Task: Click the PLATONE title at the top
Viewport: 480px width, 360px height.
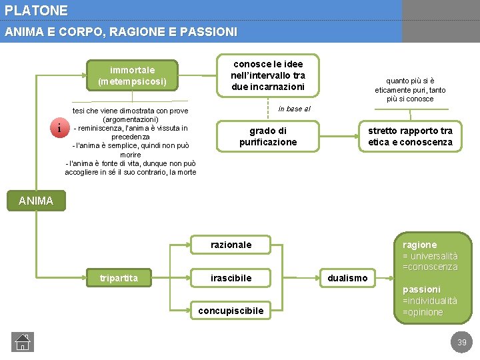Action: (36, 11)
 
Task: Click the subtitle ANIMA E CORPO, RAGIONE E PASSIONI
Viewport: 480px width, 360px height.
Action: (121, 31)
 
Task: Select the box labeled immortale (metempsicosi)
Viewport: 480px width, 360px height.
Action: (132, 75)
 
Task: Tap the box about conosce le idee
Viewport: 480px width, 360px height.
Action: (269, 75)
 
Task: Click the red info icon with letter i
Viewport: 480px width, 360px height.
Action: (59, 128)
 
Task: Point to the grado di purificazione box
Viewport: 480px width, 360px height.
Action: (268, 136)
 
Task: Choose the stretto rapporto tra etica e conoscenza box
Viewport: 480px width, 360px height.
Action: (410, 136)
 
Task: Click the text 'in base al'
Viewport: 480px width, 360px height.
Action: (294, 108)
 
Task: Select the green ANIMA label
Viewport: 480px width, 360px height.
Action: (36, 200)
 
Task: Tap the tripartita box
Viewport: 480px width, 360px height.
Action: (119, 278)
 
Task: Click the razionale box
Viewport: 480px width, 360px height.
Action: (231, 245)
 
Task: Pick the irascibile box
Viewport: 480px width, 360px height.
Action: (231, 278)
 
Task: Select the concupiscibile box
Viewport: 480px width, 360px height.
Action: (231, 310)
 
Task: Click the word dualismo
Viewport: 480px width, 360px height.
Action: (347, 278)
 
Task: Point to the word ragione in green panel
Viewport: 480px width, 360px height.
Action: (419, 245)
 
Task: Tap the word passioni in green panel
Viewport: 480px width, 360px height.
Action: (421, 289)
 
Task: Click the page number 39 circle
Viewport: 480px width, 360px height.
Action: (461, 343)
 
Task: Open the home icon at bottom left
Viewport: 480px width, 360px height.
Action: (22, 341)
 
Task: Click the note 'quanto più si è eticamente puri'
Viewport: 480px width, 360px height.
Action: (410, 89)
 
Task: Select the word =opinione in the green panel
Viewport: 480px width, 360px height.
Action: (423, 312)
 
